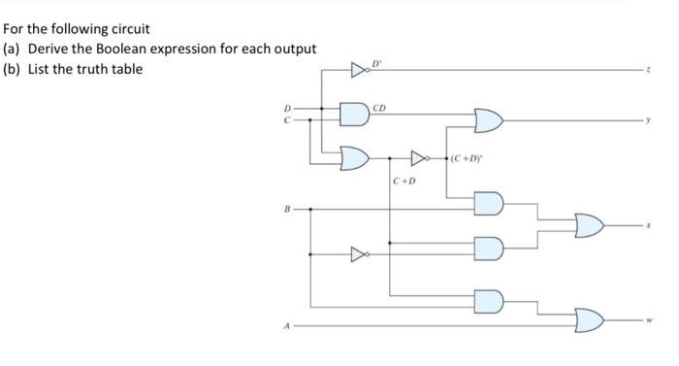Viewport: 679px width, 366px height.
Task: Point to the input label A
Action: [x=285, y=326]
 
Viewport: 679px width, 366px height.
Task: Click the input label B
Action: [x=285, y=208]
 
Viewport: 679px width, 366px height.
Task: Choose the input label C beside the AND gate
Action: [x=286, y=120]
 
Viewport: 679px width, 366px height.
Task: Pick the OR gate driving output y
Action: [x=487, y=120]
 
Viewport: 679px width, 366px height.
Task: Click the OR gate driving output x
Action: [x=588, y=226]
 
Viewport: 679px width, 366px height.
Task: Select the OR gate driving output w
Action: [x=588, y=317]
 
